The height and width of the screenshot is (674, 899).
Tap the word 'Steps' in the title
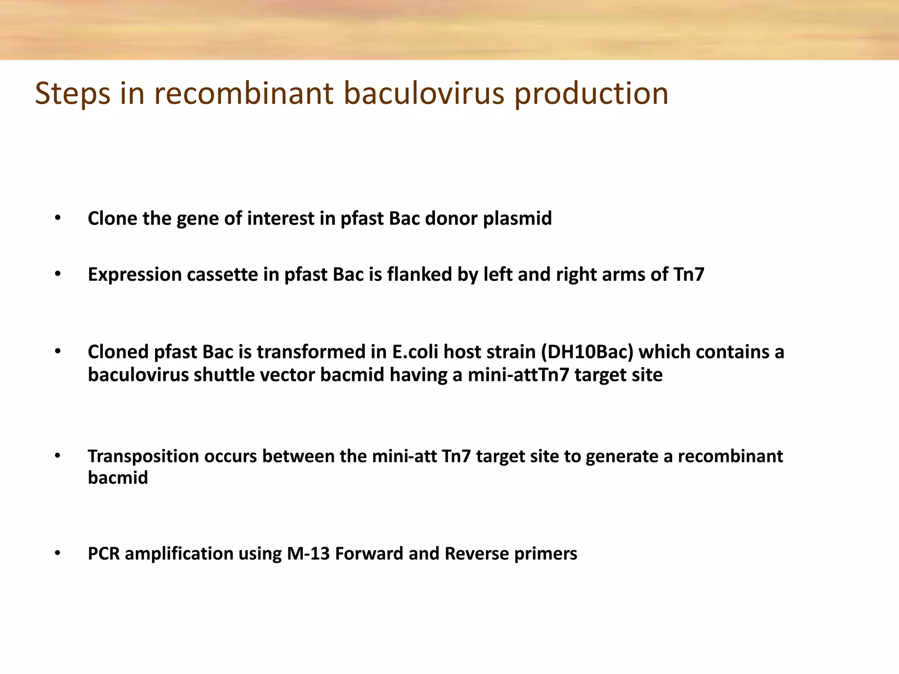[x=72, y=94]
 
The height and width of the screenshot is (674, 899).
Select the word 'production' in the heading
[x=591, y=94]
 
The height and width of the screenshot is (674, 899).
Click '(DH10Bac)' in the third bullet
[x=587, y=352]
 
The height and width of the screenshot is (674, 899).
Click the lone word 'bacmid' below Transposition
[x=118, y=478]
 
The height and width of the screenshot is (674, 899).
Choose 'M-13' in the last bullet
[x=308, y=554]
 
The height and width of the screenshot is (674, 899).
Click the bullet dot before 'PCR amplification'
[x=58, y=554]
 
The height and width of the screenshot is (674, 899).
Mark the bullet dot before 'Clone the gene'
[x=58, y=218]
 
